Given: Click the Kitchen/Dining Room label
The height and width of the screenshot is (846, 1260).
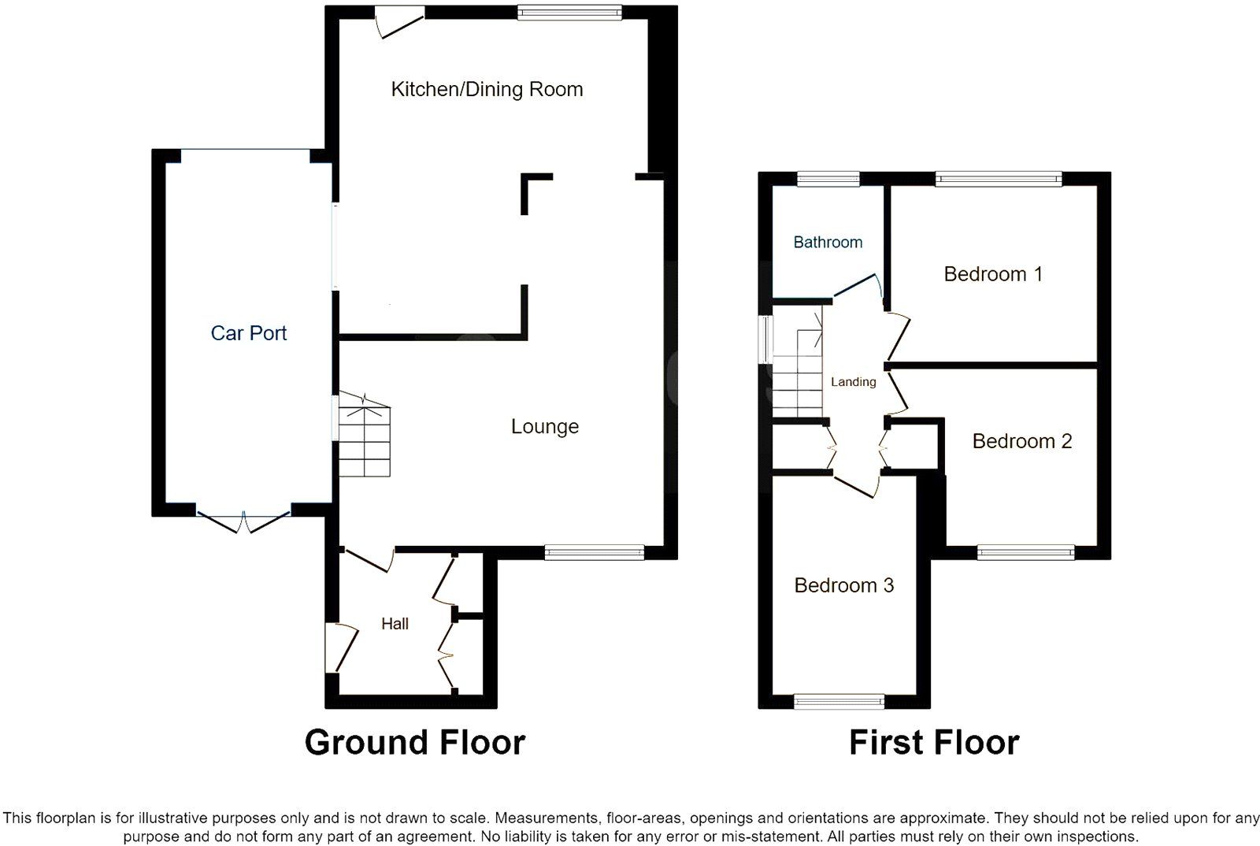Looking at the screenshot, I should point(487,89).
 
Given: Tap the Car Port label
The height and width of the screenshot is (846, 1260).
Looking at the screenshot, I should point(248,333).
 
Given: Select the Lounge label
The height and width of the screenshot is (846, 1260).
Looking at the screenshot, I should point(544,426).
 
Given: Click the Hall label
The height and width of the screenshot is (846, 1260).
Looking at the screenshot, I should point(395,624).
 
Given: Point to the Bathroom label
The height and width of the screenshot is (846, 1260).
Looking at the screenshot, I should point(827,242).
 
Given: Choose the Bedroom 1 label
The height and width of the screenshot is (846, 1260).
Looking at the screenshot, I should point(992,274).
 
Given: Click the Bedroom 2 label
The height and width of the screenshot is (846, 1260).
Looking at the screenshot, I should point(1021,441).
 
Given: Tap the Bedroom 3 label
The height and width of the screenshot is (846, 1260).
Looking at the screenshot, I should point(843,585).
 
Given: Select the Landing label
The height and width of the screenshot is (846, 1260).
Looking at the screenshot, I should point(853,382).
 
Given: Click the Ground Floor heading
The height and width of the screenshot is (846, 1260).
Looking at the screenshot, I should point(414,742).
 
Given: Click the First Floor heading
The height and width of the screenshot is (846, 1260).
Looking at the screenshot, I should point(933,742).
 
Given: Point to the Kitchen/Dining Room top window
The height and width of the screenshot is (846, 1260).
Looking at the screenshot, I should point(569,12).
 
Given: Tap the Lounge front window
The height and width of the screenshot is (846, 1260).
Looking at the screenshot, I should point(595,552).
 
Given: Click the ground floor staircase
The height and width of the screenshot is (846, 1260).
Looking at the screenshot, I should point(365,441).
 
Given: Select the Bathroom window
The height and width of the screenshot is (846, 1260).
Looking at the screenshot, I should point(828,179).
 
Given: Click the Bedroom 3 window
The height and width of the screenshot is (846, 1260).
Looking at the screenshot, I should point(839,701).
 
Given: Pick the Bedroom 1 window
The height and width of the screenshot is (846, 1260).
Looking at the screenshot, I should point(998,179).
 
